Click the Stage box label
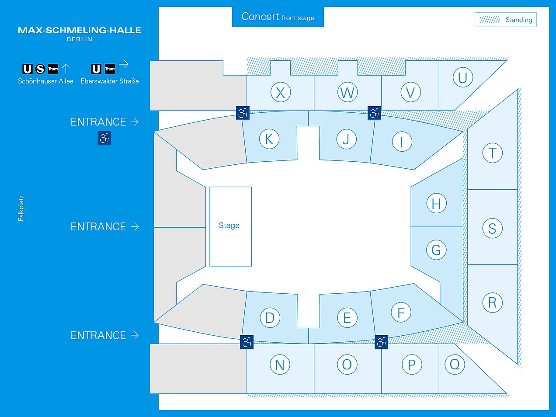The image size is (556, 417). point(229,226)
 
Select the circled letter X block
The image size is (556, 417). point(281,92)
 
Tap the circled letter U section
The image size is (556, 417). point(463,77)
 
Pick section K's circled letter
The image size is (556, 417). point(269,139)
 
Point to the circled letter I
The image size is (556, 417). point(402,142)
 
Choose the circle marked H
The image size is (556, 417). point(436,203)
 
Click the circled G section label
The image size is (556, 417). point(436,250)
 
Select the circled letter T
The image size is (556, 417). point(493,153)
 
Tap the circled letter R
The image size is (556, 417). point(493,302)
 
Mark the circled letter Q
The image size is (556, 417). point(455,365)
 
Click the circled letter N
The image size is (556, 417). point(280,365)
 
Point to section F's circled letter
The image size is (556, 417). point(401,313)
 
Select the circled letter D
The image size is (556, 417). point(270,318)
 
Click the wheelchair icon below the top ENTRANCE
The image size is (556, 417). point(104,138)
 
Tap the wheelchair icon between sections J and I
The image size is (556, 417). point(374,113)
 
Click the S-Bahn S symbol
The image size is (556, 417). point(40,69)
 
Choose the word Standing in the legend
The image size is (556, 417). point(519,20)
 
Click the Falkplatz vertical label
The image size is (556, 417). point(21,208)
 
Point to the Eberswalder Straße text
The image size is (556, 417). point(110,81)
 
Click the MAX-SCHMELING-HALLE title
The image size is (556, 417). point(79,31)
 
